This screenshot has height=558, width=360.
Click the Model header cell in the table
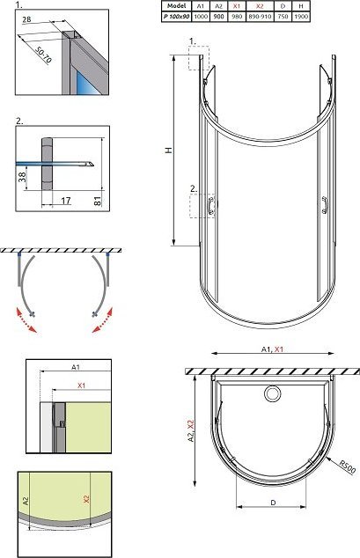(177, 5)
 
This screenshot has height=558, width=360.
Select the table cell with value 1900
(301, 17)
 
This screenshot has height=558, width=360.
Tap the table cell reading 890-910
(260, 17)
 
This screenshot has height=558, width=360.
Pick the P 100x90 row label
(177, 17)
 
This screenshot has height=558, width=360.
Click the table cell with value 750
(283, 17)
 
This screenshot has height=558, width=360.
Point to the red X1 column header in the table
(237, 5)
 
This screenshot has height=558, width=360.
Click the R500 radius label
(347, 466)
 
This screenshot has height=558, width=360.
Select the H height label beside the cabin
(169, 151)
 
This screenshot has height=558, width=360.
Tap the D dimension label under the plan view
(273, 503)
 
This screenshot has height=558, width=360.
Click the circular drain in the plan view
(273, 393)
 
